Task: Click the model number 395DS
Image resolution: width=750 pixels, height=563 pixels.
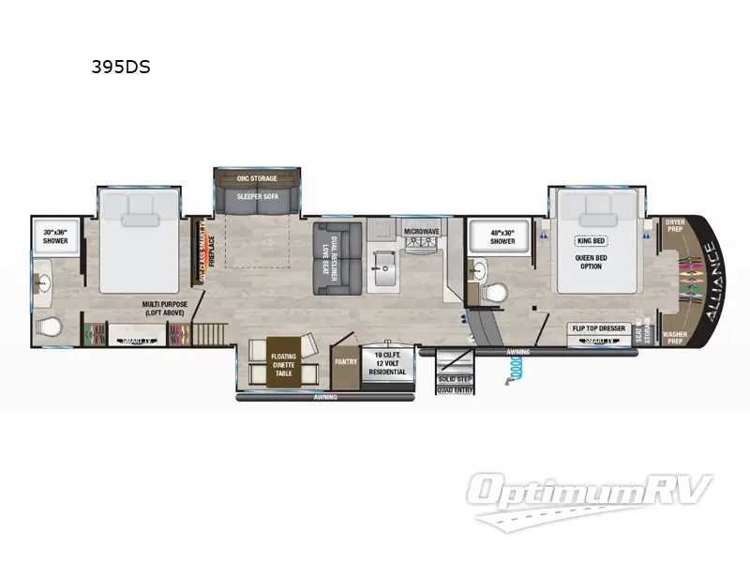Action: (x=120, y=68)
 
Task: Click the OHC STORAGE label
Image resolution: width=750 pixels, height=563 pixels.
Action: (x=257, y=177)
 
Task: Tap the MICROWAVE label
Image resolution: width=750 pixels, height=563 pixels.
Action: (x=423, y=230)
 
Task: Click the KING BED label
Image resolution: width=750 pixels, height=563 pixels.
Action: (x=590, y=240)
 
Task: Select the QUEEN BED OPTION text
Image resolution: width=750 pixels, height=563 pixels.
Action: (x=590, y=260)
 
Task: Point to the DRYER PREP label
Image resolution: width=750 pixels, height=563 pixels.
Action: (x=674, y=226)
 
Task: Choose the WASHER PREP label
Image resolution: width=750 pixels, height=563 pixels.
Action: (x=675, y=335)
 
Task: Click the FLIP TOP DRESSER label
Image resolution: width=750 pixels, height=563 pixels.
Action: (x=599, y=328)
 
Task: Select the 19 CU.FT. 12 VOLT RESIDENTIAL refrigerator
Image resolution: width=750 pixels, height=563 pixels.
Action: (x=388, y=364)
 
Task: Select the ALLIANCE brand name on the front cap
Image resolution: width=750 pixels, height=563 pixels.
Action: (x=710, y=281)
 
